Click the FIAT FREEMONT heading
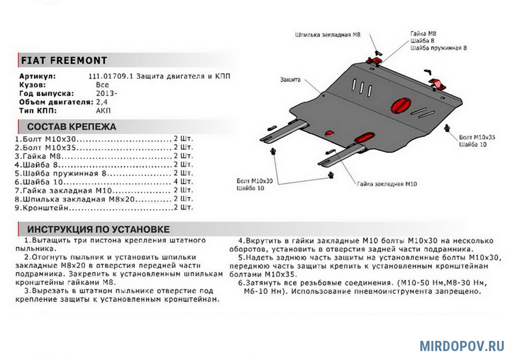pyautogui.click(x=64, y=60)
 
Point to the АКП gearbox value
pyautogui.click(x=103, y=111)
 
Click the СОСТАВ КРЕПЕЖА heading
pyautogui.click(x=71, y=127)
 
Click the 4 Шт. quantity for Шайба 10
pyautogui.click(x=183, y=182)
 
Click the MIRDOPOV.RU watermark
pyautogui.click(x=462, y=346)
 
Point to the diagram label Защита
pyautogui.click(x=290, y=79)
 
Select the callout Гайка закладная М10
pyautogui.click(x=387, y=184)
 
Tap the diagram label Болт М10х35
pyautogui.click(x=477, y=137)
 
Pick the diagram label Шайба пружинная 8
pyautogui.click(x=439, y=48)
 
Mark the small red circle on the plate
pyautogui.click(x=329, y=134)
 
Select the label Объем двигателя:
pyautogui.click(x=56, y=102)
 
